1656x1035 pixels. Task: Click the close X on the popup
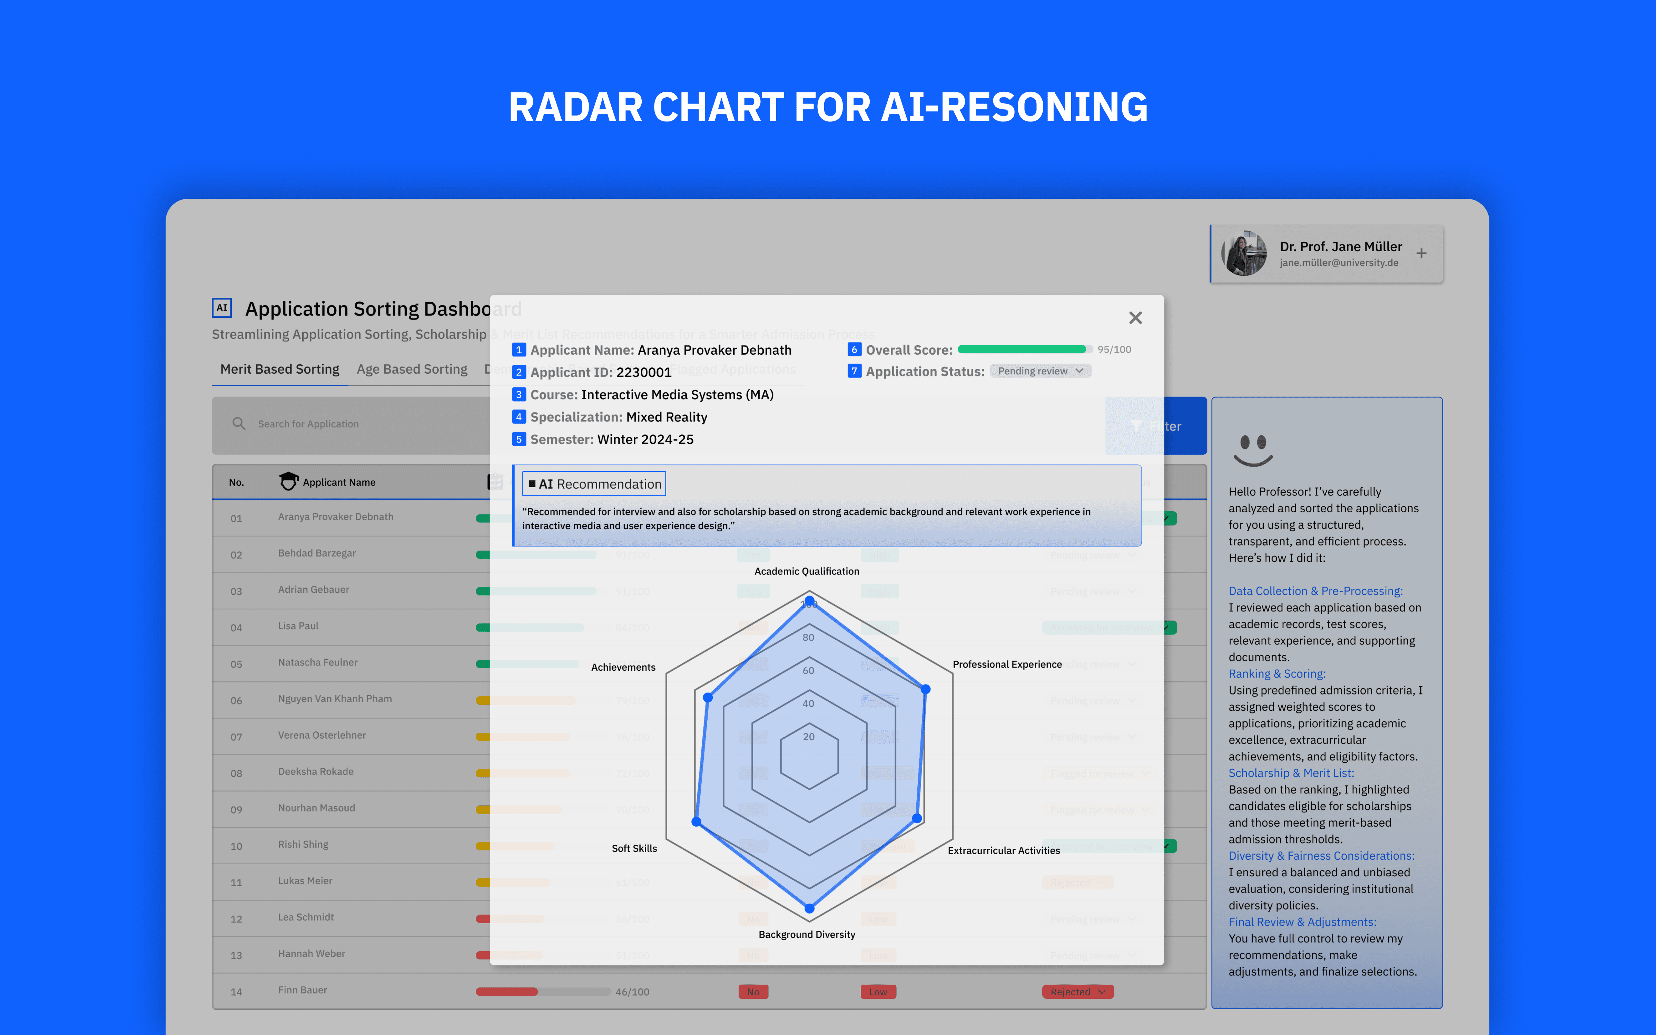[1135, 318]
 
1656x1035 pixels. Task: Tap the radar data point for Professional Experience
[925, 689]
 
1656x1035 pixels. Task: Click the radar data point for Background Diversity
[809, 908]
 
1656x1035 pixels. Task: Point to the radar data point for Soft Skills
[697, 821]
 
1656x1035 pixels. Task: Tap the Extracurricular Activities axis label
[1003, 850]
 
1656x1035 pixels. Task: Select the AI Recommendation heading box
[594, 484]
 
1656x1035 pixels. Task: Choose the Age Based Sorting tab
[412, 369]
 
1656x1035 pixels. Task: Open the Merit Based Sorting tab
[279, 369]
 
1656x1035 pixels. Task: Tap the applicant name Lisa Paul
[298, 625]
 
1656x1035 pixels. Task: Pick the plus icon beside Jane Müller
[1421, 253]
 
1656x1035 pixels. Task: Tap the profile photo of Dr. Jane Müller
[1244, 253]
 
